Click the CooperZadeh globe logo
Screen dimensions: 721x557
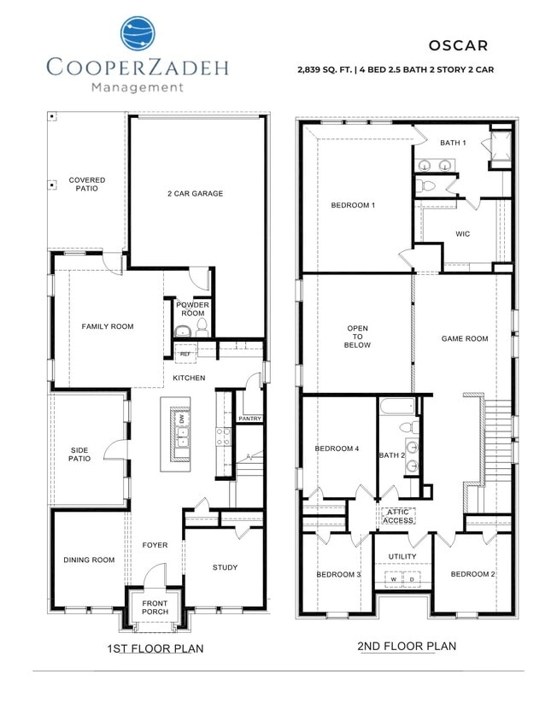pyautogui.click(x=138, y=34)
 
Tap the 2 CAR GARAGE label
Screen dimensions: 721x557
pyautogui.click(x=195, y=194)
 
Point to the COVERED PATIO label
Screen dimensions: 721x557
pyautogui.click(x=87, y=184)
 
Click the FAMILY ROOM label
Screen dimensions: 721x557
pyautogui.click(x=108, y=326)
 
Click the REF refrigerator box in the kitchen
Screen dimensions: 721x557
pyautogui.click(x=185, y=353)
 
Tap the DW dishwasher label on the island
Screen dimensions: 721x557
pyautogui.click(x=182, y=419)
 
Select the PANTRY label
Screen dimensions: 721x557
pyautogui.click(x=250, y=419)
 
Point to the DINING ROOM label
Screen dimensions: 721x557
pyautogui.click(x=89, y=560)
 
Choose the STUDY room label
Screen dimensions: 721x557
pyautogui.click(x=226, y=567)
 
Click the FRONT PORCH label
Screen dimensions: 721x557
pyautogui.click(x=155, y=609)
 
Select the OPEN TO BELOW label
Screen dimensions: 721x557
pyautogui.click(x=357, y=337)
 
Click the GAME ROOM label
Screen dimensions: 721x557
pyautogui.click(x=465, y=339)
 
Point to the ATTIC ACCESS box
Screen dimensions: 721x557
pyautogui.click(x=398, y=516)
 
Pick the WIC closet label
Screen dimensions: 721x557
pyautogui.click(x=463, y=233)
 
